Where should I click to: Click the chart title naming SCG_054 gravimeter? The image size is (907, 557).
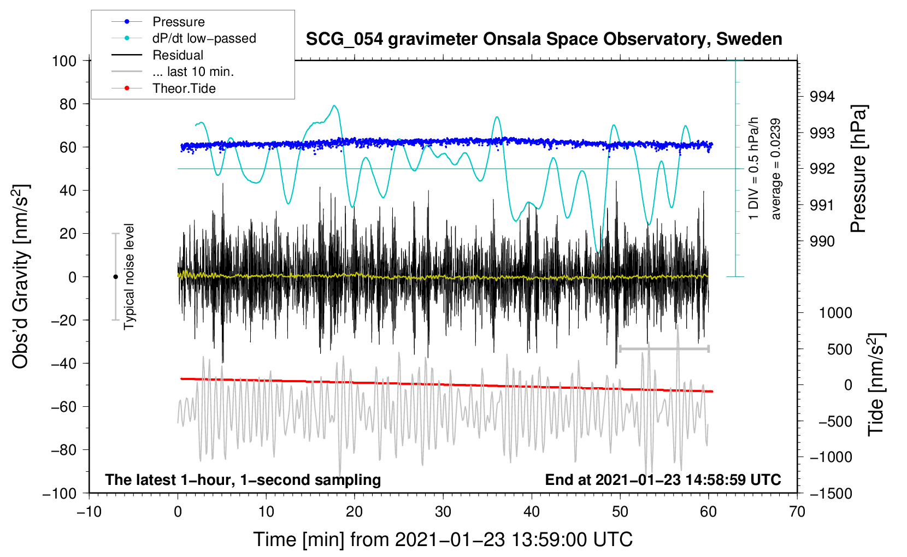[544, 39]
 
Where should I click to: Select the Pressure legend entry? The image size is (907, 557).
[158, 21]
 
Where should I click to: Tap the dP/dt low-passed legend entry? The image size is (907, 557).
[184, 38]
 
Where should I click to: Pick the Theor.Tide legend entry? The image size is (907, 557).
[163, 88]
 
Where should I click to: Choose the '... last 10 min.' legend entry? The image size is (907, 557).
[173, 72]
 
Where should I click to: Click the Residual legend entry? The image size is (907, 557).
[157, 55]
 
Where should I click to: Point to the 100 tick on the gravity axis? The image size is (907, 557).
[64, 61]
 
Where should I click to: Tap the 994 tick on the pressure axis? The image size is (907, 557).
[822, 97]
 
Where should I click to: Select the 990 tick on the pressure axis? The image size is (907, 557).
[822, 241]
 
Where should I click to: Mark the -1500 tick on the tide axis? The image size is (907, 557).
[831, 494]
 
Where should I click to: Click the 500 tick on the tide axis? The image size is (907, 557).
[839, 349]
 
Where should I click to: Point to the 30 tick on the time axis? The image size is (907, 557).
[443, 512]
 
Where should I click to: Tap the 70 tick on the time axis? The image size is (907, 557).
[797, 512]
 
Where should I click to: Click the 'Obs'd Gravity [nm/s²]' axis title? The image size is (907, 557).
[20, 276]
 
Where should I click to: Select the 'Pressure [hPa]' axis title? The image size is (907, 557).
[858, 169]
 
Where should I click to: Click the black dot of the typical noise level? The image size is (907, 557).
[115, 277]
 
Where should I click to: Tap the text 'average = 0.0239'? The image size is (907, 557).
[775, 169]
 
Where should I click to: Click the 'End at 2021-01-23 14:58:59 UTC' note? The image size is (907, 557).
[663, 479]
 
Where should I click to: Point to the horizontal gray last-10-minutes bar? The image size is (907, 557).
[664, 348]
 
